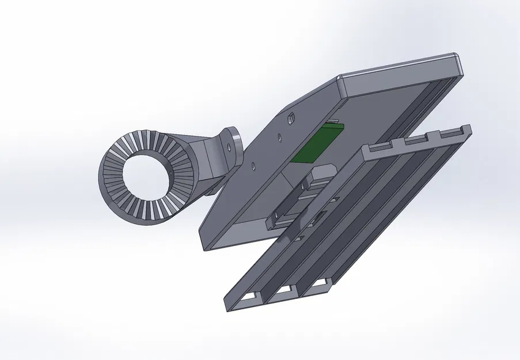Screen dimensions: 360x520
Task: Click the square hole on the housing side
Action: click(x=291, y=118)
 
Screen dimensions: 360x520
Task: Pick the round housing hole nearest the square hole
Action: click(x=278, y=137)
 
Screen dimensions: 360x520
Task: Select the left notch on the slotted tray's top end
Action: click(x=378, y=148)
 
